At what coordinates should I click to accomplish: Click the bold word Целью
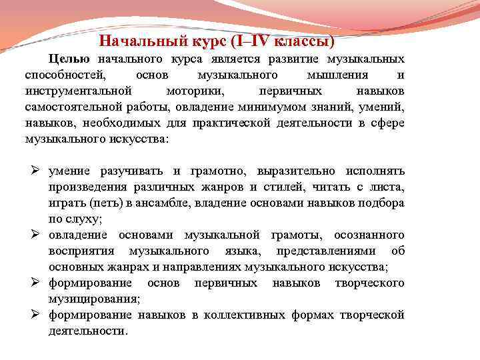[71, 59]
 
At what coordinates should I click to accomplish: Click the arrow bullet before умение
[31, 171]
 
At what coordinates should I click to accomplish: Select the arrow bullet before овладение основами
[31, 235]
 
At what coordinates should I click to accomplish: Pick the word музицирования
[93, 299]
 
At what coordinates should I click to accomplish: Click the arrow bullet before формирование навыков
[31, 315]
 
